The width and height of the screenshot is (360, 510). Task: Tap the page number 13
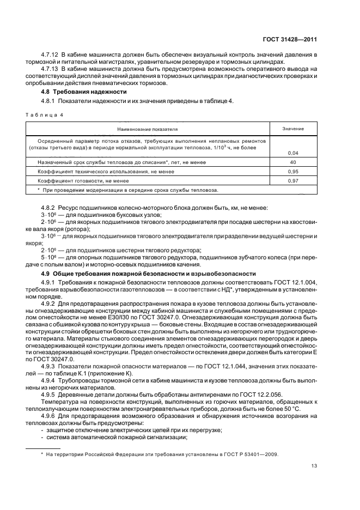pyautogui.click(x=314, y=465)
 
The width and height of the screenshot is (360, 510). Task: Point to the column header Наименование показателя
pyautogui.click(x=145, y=129)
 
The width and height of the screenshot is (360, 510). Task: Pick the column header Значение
pyautogui.click(x=292, y=129)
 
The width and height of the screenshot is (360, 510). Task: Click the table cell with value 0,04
pyautogui.click(x=292, y=153)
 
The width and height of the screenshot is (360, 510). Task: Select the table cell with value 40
pyautogui.click(x=292, y=162)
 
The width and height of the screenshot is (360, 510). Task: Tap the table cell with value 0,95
pyautogui.click(x=292, y=171)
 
